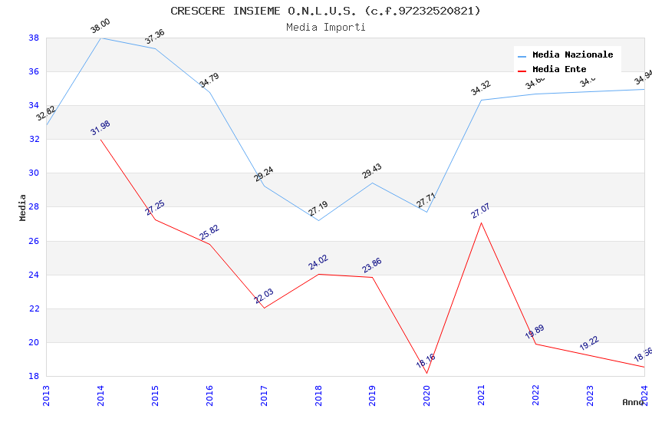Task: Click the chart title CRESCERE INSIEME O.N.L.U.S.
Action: tap(325, 11)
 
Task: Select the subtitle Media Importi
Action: tap(325, 27)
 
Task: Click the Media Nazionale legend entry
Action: tap(572, 55)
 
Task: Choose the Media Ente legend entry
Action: tap(559, 70)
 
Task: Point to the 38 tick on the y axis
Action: tap(34, 38)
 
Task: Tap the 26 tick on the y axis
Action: tap(34, 241)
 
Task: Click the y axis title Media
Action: tap(23, 207)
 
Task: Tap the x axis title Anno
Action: tap(633, 402)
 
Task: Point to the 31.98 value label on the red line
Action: tap(100, 127)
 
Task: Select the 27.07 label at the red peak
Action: tap(481, 211)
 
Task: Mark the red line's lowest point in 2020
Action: tap(426, 374)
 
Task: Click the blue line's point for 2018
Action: tap(318, 220)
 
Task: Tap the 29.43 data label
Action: tap(372, 171)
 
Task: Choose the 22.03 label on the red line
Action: tap(264, 296)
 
